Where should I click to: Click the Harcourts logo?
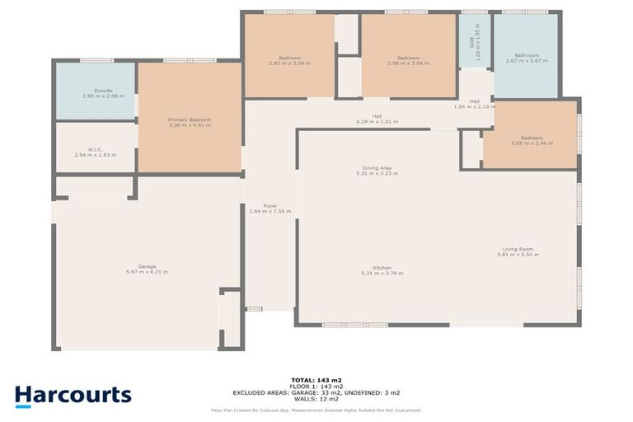pyautogui.click(x=73, y=396)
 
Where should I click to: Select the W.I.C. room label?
pyautogui.click(x=91, y=149)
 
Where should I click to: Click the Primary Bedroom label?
pyautogui.click(x=190, y=120)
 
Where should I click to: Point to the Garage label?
pyautogui.click(x=147, y=266)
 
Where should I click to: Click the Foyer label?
pyautogui.click(x=270, y=205)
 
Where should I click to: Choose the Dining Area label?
pyautogui.click(x=377, y=167)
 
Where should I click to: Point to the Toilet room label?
pyautogui.click(x=472, y=41)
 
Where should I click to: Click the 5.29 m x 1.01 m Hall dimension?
pyautogui.click(x=377, y=122)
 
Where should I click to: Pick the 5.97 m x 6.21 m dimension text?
pyautogui.click(x=147, y=272)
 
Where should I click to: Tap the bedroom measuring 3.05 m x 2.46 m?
pyautogui.click(x=532, y=141)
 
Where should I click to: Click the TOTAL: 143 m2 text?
pyautogui.click(x=316, y=380)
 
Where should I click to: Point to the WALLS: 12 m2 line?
pyautogui.click(x=316, y=400)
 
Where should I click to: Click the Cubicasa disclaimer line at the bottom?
pyautogui.click(x=316, y=410)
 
